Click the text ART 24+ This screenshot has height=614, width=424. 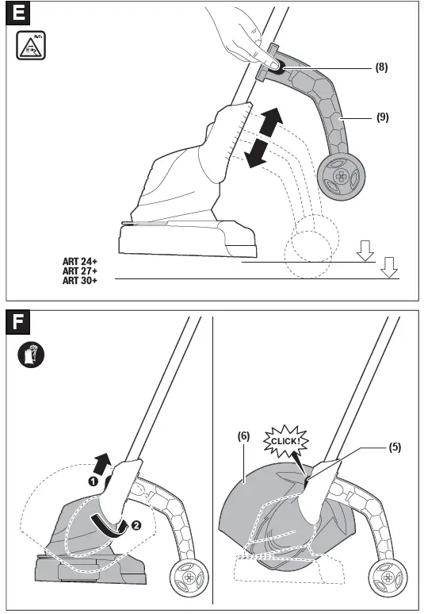click(80, 261)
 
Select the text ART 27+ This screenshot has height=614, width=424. click(80, 271)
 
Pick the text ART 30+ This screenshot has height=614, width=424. click(80, 281)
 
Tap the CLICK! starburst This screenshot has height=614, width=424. click(285, 440)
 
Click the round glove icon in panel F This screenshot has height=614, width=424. click(31, 354)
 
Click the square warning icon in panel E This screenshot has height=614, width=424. click(31, 46)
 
